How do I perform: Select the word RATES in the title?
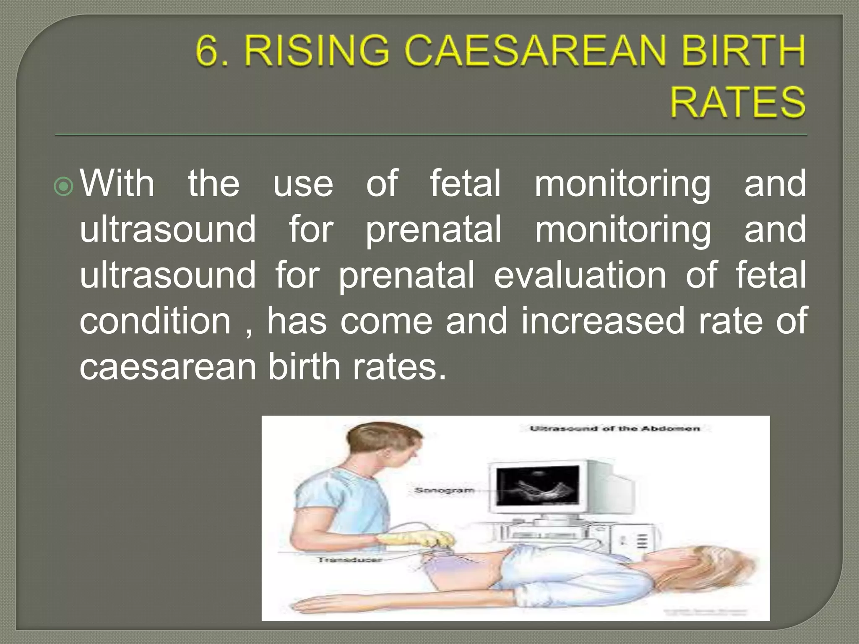click(737, 102)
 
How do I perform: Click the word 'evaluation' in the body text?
click(580, 275)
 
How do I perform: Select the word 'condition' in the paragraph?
click(155, 321)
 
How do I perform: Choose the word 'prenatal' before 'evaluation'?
click(406, 275)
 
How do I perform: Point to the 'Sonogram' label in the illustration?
click(444, 491)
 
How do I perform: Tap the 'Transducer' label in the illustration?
click(350, 560)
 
